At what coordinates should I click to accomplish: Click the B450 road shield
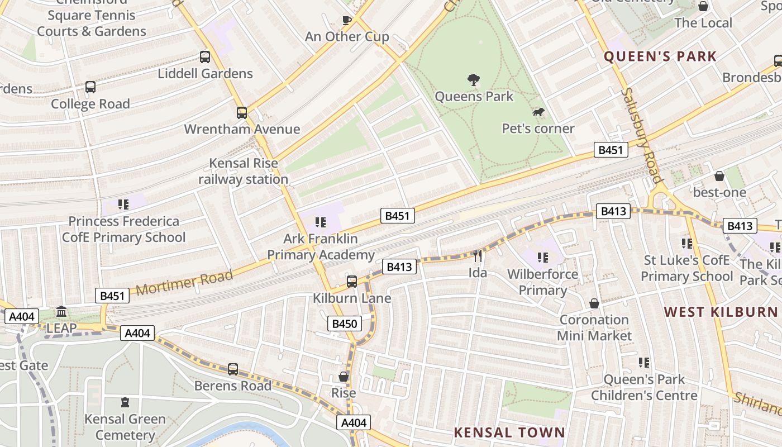(x=344, y=324)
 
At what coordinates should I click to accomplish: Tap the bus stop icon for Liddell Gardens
(x=205, y=57)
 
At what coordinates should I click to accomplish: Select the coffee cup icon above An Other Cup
(x=347, y=21)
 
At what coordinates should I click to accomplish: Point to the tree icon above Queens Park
(x=474, y=80)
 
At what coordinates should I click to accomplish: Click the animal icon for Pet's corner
(x=538, y=113)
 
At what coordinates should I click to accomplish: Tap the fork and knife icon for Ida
(x=478, y=256)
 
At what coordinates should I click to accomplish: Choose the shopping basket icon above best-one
(x=719, y=176)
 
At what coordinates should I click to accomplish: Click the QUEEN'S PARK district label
(x=660, y=56)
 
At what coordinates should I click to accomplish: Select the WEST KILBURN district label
(x=720, y=312)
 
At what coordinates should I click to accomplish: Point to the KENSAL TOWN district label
(x=509, y=432)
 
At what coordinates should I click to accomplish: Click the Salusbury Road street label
(x=642, y=135)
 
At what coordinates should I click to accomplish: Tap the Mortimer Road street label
(x=184, y=282)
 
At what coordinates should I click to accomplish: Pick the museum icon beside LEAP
(x=61, y=311)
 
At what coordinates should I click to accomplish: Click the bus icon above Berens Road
(x=233, y=369)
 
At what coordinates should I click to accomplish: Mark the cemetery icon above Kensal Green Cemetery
(x=125, y=402)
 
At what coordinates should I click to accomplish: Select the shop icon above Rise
(x=344, y=377)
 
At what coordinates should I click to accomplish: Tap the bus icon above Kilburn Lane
(x=352, y=282)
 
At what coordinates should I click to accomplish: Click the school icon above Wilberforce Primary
(x=542, y=258)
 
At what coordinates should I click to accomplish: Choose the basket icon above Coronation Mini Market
(x=594, y=303)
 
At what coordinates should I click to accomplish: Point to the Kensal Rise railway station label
(x=243, y=172)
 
